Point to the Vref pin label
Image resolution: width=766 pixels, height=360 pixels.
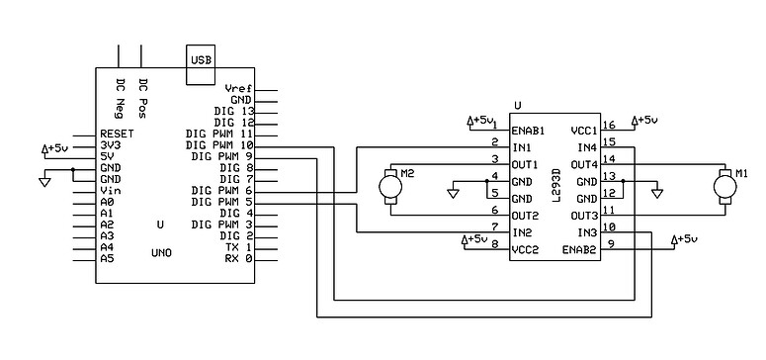pos(238,88)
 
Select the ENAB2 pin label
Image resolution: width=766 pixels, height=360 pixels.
pos(580,250)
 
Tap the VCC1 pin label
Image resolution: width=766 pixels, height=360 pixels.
pos(584,131)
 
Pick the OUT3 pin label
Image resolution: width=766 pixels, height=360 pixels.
pos(584,216)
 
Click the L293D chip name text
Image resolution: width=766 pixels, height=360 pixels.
pos(557,185)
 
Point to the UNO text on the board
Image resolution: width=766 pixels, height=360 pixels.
pos(161,253)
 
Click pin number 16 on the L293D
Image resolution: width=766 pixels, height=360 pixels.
pos(609,126)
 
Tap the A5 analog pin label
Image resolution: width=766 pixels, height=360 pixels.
pos(107,258)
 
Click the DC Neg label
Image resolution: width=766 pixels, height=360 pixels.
pos(120,92)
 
